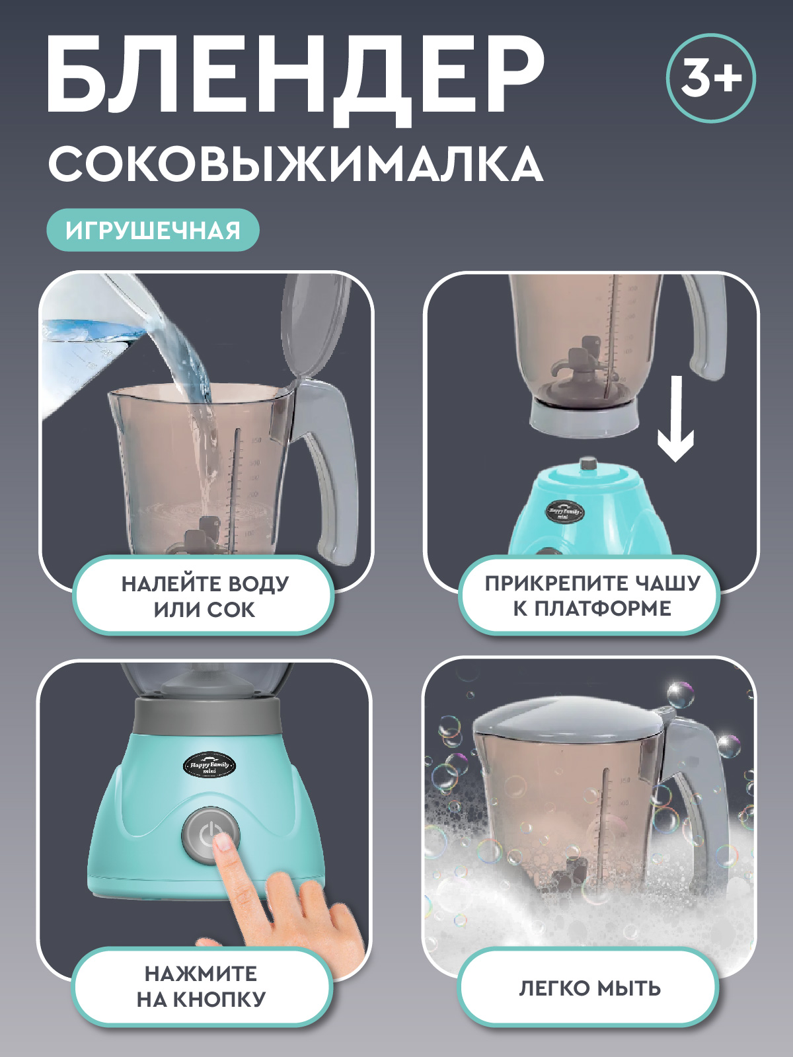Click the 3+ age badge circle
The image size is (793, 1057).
coord(710,78)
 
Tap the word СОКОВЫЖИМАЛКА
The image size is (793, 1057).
coord(295,164)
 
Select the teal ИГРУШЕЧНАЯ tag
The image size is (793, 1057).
coord(153,230)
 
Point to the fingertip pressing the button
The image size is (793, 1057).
coord(224,842)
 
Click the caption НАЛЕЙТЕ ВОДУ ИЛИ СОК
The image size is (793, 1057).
coord(204,596)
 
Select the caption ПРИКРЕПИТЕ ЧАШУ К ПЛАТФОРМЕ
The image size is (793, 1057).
coord(591,595)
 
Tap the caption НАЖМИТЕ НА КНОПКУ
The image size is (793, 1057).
coord(202,986)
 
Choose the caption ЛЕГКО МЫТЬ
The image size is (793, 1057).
coord(589,988)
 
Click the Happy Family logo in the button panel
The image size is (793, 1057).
coord(209,766)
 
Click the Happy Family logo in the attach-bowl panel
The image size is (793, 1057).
coord(564,511)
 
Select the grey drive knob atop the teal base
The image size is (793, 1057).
coord(588,464)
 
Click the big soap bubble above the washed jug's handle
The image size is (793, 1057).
coord(680,696)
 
